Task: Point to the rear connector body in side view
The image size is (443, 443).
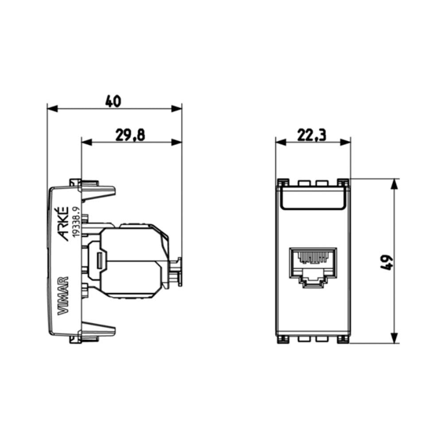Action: [133, 261]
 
